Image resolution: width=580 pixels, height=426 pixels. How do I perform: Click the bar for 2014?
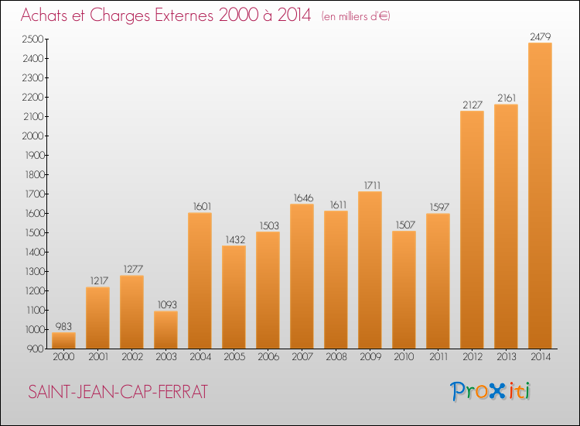pyautogui.click(x=540, y=195)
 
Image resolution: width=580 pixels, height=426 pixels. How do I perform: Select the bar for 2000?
pyautogui.click(x=63, y=340)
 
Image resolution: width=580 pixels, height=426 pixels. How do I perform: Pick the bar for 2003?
pyautogui.click(x=165, y=329)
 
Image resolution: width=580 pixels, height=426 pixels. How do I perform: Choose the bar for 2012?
pyautogui.click(x=472, y=229)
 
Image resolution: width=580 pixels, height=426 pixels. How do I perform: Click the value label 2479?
pyautogui.click(x=540, y=36)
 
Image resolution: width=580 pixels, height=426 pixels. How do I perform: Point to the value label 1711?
pyautogui.click(x=370, y=184)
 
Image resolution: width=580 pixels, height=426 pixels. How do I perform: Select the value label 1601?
pyautogui.click(x=200, y=206)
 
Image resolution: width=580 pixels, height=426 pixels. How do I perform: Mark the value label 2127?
pyautogui.click(x=472, y=104)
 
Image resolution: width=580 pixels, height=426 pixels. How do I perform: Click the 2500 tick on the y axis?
pyautogui.click(x=33, y=39)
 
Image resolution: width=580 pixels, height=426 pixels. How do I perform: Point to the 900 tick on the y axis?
pyautogui.click(x=36, y=349)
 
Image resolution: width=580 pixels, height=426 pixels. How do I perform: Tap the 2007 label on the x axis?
pyautogui.click(x=302, y=358)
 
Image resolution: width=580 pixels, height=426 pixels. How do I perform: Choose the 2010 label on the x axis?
pyautogui.click(x=404, y=358)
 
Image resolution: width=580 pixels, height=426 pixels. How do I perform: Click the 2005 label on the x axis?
pyautogui.click(x=234, y=358)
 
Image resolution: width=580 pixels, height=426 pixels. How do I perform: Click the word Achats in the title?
pyautogui.click(x=48, y=15)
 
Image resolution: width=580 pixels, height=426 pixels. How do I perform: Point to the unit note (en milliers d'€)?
pyautogui.click(x=356, y=16)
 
